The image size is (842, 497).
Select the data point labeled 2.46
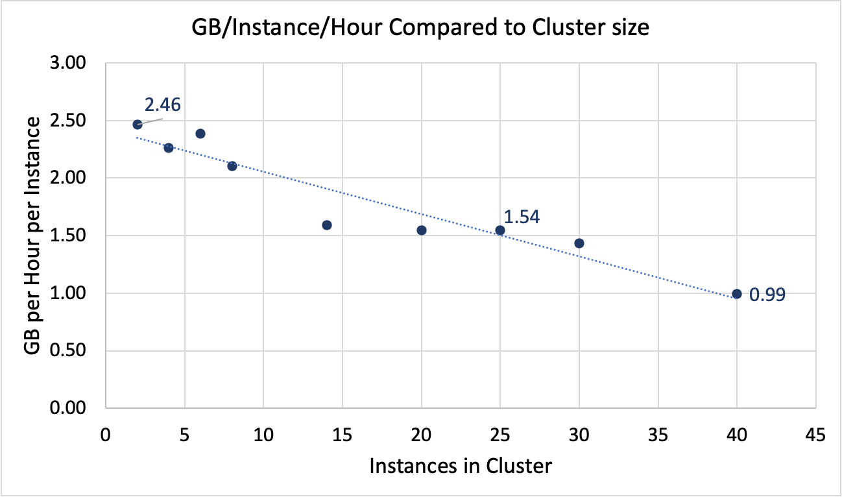(138, 125)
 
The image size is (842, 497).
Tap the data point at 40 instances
(737, 294)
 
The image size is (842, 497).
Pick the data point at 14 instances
(327, 225)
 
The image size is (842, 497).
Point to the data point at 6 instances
(200, 134)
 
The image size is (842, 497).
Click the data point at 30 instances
(579, 243)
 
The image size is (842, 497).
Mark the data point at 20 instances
(422, 230)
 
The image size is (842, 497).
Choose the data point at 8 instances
(232, 166)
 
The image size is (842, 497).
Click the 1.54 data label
(522, 217)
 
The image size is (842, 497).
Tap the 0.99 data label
(767, 295)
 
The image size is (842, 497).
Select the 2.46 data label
(162, 104)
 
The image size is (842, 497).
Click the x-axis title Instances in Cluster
(461, 466)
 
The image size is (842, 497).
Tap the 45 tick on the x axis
(816, 433)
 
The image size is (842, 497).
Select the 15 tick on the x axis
(343, 433)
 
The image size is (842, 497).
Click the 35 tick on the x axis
(658, 433)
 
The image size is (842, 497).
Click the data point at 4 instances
(169, 148)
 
